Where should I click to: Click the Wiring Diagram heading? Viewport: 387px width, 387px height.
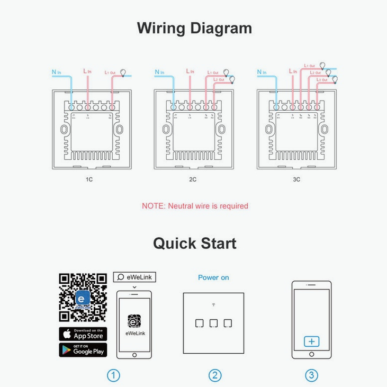click(194, 28)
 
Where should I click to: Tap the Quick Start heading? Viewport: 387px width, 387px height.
click(194, 244)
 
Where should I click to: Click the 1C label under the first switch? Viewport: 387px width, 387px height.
click(89, 179)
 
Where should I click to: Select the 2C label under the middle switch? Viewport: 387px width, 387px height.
click(193, 179)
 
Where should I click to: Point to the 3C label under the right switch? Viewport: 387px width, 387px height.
click(296, 179)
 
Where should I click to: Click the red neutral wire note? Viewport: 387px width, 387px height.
click(195, 206)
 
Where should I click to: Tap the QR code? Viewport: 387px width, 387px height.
click(83, 298)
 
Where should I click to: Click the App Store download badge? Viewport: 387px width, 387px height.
click(83, 334)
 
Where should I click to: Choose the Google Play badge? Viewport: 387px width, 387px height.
click(83, 350)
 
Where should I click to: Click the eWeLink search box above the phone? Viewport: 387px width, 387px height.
click(134, 277)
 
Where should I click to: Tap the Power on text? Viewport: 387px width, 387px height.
click(213, 277)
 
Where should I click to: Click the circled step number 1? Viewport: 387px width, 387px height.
click(113, 375)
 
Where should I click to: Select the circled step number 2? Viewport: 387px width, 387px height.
click(214, 375)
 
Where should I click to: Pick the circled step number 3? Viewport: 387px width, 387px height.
click(312, 375)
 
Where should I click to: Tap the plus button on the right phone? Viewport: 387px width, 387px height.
click(311, 341)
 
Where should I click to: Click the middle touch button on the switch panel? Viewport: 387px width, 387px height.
click(214, 323)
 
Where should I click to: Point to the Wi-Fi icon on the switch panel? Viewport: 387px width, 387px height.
click(213, 305)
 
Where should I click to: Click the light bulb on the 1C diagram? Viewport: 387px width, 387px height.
click(124, 73)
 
